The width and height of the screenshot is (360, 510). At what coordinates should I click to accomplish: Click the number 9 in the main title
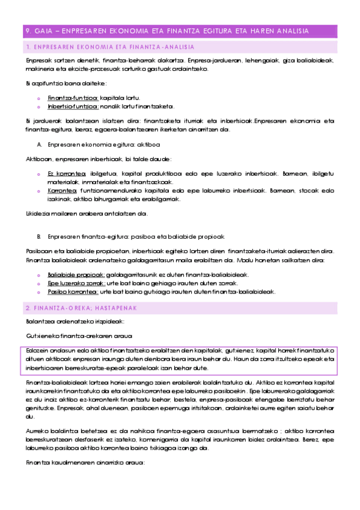[x=28, y=31]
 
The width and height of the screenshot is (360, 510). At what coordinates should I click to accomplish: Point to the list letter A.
[x=40, y=144]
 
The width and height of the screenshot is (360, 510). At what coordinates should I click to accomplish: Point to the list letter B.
[x=40, y=236]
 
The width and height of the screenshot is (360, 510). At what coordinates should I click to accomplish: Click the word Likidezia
[x=38, y=214]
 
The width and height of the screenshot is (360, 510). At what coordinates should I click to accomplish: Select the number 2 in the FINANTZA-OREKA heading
[x=28, y=308]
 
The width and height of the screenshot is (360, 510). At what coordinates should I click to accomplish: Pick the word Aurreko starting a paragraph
[x=37, y=431]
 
